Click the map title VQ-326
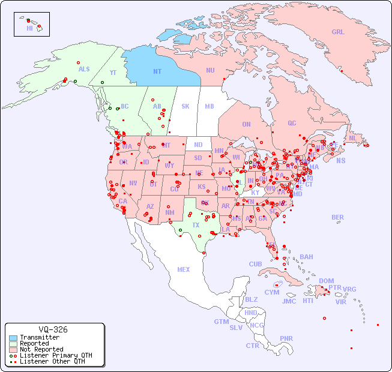pos(53,329)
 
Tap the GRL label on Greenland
pos(338,32)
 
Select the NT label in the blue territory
pos(157,71)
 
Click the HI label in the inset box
pos(29,28)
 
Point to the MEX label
pos(184,269)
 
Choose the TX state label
pos(196,225)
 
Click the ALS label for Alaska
pos(84,69)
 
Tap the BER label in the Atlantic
pos(337,217)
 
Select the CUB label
pos(255,264)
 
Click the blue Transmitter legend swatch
pos(13,338)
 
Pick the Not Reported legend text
pos(41,349)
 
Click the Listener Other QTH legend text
pos(52,361)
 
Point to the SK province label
pos(185,106)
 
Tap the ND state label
pos(198,145)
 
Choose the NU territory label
pos(210,70)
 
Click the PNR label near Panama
pos(286,338)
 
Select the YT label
pos(113,72)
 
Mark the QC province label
pos(292,123)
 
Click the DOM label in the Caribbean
pos(326,281)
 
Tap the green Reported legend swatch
pos(13,344)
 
